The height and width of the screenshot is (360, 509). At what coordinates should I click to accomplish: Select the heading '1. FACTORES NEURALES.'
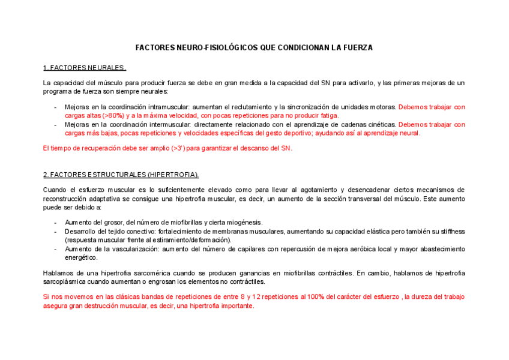pyautogui.click(x=85, y=68)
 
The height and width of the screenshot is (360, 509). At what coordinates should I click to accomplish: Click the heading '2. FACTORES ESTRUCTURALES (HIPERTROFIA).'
pyautogui.click(x=121, y=175)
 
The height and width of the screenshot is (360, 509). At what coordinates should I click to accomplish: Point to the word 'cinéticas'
pyautogui.click(x=379, y=125)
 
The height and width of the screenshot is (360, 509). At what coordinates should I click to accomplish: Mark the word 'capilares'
pyautogui.click(x=250, y=249)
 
